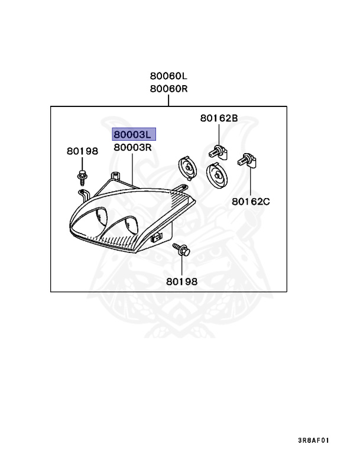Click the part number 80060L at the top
pyautogui.click(x=168, y=76)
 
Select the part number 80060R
pyautogui.click(x=168, y=89)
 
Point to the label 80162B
pyautogui.click(x=219, y=118)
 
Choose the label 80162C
pyautogui.click(x=251, y=201)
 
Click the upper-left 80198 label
pyautogui.click(x=82, y=151)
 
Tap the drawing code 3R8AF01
pyautogui.click(x=313, y=440)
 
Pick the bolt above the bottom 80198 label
pyautogui.click(x=181, y=250)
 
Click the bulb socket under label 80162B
pyautogui.click(x=217, y=151)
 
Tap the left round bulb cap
pyautogui.click(x=187, y=167)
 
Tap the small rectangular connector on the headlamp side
pyautogui.click(x=157, y=238)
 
